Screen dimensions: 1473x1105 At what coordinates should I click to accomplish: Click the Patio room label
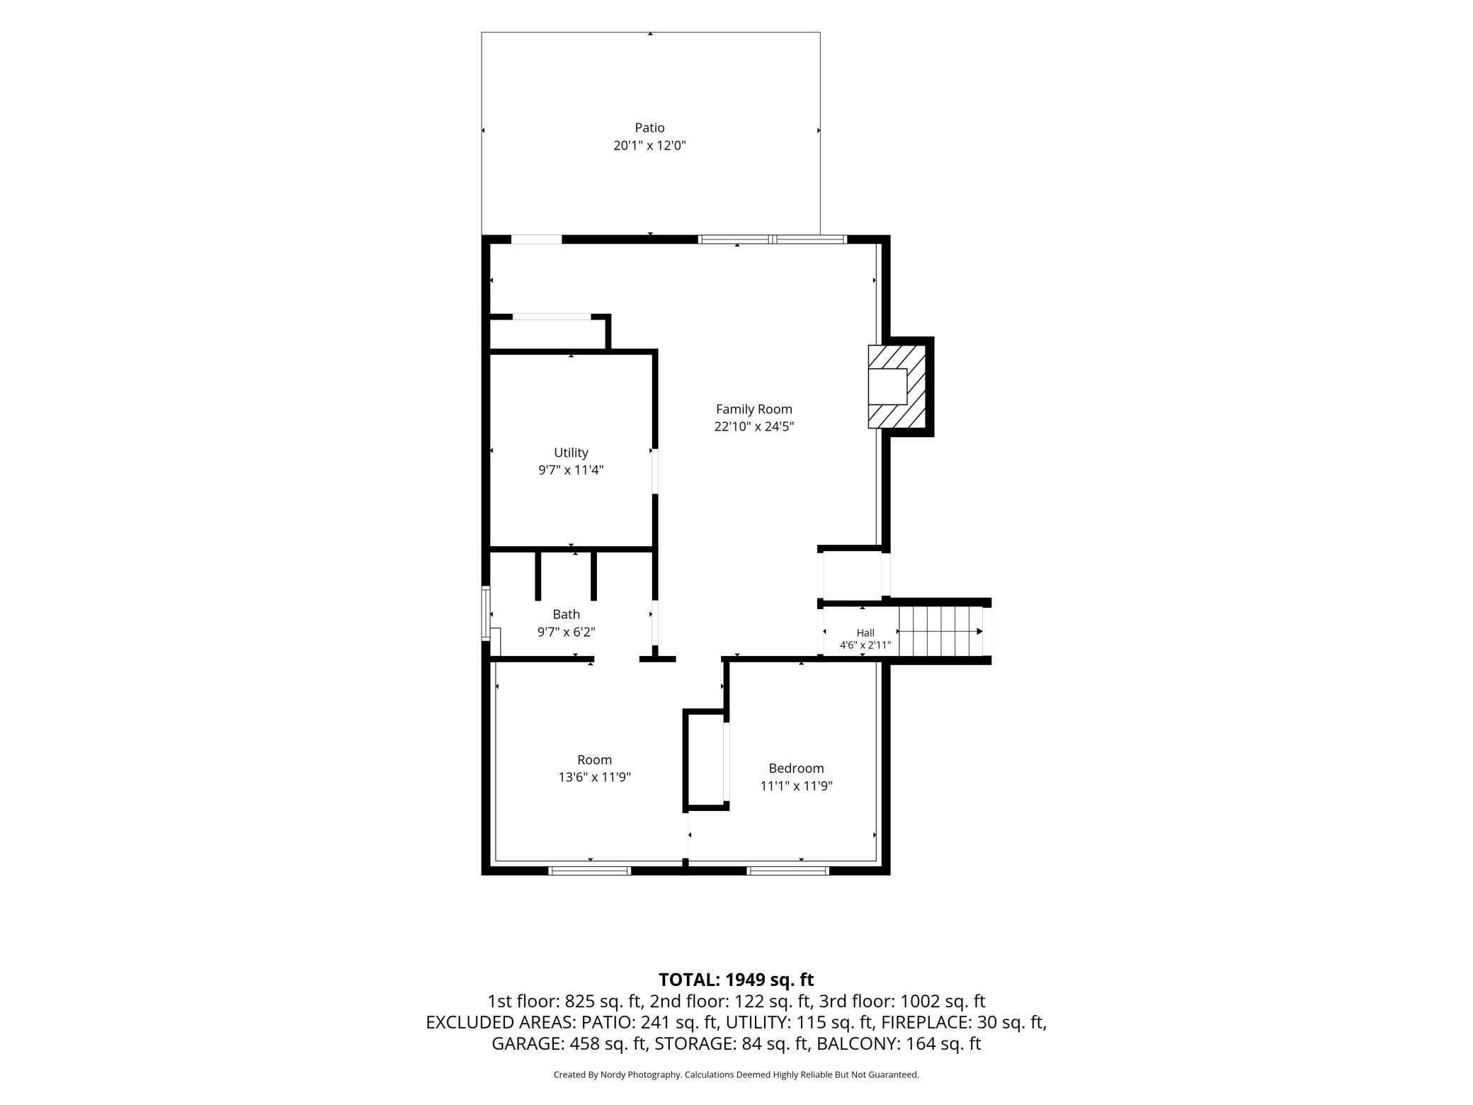649,128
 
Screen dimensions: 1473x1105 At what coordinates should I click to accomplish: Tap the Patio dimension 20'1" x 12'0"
649,146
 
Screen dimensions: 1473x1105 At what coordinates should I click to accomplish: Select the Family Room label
753,409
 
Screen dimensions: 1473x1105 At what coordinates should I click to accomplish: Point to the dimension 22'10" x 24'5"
753,427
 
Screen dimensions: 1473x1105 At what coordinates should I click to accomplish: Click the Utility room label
571,453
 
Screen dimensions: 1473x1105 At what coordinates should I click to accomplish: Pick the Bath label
566,615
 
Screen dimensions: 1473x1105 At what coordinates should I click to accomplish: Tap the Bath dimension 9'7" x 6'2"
566,633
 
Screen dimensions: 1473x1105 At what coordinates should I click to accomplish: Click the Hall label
865,633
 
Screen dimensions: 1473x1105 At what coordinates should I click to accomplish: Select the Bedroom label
796,769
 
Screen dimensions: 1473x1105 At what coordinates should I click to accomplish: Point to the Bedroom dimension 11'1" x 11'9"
796,786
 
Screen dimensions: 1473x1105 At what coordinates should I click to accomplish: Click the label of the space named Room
594,760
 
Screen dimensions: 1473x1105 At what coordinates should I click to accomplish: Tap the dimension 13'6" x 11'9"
594,778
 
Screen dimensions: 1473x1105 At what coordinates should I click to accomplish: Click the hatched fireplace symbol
897,387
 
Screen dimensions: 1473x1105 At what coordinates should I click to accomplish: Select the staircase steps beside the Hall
940,631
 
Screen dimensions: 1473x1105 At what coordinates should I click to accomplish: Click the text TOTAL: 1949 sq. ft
736,980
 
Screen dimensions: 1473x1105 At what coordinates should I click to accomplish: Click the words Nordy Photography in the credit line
641,1075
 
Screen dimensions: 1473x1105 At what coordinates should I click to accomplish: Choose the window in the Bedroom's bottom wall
788,871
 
